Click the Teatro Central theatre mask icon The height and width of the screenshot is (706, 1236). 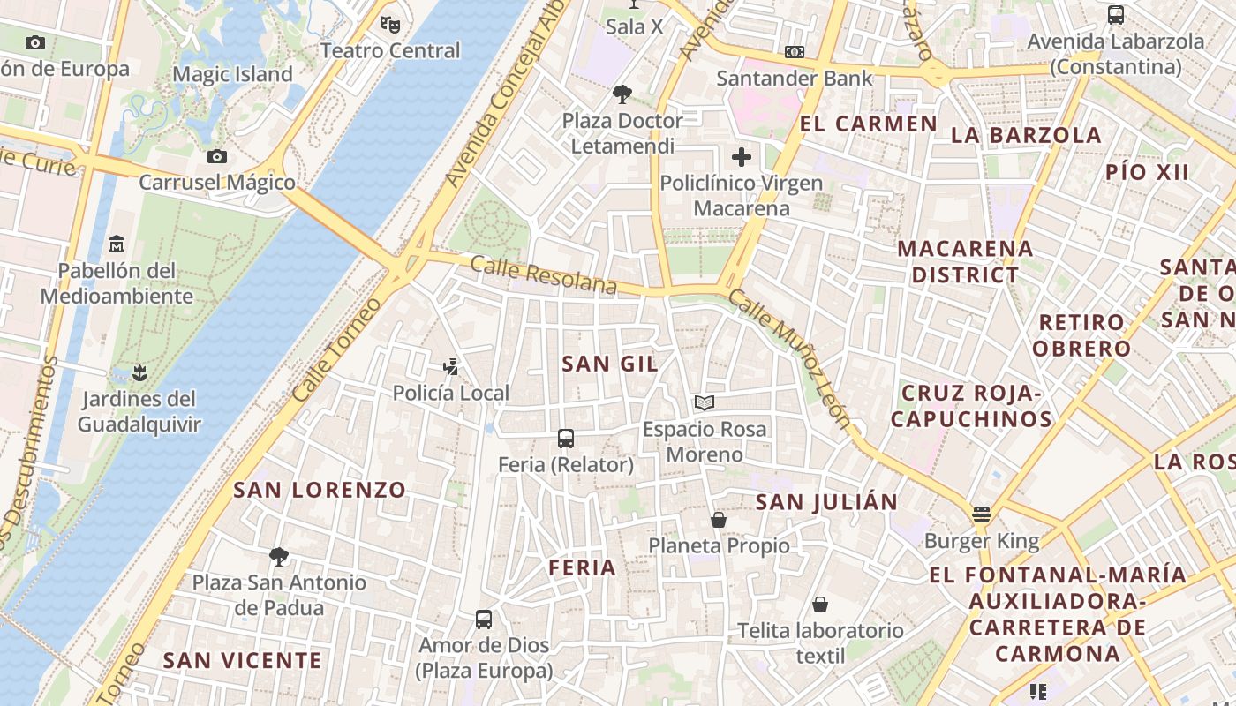pyautogui.click(x=389, y=24)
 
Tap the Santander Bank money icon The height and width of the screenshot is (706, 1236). pyautogui.click(x=795, y=52)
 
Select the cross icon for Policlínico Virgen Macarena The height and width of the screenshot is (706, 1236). pyautogui.click(x=742, y=157)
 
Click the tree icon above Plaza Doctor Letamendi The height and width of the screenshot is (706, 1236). pyautogui.click(x=622, y=94)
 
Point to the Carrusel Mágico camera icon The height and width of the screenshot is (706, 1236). pyautogui.click(x=216, y=157)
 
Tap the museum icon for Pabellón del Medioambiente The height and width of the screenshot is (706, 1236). pyautogui.click(x=117, y=244)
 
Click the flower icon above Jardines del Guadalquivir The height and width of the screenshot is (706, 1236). pyautogui.click(x=139, y=372)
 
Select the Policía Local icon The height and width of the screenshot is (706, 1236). pyautogui.click(x=451, y=366)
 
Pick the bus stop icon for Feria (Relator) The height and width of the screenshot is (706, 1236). pyautogui.click(x=566, y=438)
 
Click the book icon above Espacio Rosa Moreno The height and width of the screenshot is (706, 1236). pyautogui.click(x=704, y=403)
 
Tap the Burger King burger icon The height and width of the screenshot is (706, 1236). pyautogui.click(x=981, y=514)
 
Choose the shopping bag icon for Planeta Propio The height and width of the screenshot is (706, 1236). pyautogui.click(x=719, y=520)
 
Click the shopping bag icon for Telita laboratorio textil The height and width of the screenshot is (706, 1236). pyautogui.click(x=820, y=605)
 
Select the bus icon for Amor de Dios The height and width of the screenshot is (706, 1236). pyautogui.click(x=484, y=620)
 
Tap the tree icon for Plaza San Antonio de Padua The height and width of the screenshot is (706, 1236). pyautogui.click(x=279, y=556)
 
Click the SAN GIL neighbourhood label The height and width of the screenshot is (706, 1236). pyautogui.click(x=610, y=364)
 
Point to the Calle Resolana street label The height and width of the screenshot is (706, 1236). pyautogui.click(x=543, y=274)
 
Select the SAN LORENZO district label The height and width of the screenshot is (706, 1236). pyautogui.click(x=320, y=490)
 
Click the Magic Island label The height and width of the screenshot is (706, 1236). pyautogui.click(x=232, y=74)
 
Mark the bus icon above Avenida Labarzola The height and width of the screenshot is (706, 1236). pyautogui.click(x=1116, y=15)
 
